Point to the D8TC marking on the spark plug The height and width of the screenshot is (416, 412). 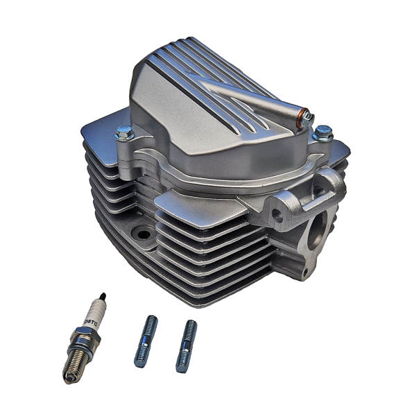89,320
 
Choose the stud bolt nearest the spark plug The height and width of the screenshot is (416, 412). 146,341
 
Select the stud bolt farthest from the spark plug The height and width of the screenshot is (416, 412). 186,346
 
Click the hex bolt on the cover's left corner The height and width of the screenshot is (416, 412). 124,132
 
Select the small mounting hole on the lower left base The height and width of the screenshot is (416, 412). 144,234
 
